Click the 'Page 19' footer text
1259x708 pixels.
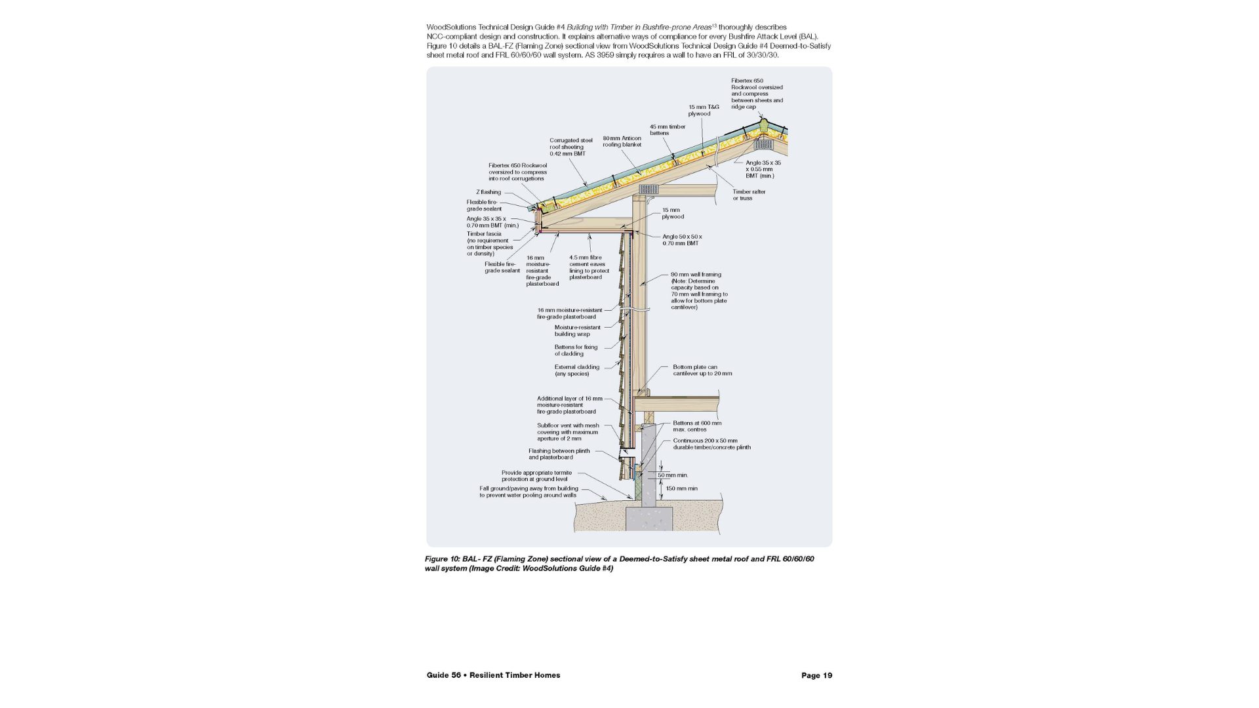click(x=816, y=675)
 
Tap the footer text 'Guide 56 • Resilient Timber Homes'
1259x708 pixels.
click(x=493, y=675)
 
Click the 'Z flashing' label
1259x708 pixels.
click(x=488, y=192)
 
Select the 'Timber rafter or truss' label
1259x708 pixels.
click(x=749, y=195)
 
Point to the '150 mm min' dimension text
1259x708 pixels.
click(x=681, y=488)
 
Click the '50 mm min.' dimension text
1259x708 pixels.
click(x=673, y=475)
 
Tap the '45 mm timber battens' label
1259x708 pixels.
click(x=667, y=130)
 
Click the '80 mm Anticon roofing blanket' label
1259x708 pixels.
click(x=622, y=142)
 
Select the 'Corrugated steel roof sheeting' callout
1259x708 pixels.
click(x=570, y=147)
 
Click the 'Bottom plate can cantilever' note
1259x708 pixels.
click(x=702, y=370)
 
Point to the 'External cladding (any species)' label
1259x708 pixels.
click(x=576, y=370)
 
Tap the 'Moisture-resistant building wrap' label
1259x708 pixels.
click(x=577, y=330)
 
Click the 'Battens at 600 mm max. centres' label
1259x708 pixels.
click(x=696, y=426)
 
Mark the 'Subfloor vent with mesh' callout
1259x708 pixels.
click(x=568, y=432)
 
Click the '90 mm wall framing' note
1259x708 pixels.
click(x=698, y=290)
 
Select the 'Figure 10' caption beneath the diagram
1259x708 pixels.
click(x=619, y=564)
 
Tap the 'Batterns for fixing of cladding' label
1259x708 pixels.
click(x=576, y=350)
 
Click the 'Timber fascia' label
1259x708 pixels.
click(x=489, y=243)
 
